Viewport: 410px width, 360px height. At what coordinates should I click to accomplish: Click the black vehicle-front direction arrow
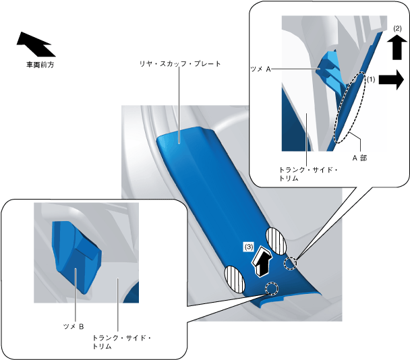coord(35,44)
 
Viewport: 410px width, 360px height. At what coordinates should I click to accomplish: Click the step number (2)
coord(397,29)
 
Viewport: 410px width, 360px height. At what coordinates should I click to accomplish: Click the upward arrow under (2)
coord(397,49)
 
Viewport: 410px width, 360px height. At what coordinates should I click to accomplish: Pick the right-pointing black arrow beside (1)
coord(390,81)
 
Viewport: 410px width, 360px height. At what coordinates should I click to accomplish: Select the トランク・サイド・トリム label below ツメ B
coord(121,341)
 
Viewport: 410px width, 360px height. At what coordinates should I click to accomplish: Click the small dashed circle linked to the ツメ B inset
coord(272,289)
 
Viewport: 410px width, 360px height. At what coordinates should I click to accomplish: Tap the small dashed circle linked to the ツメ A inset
coord(290,263)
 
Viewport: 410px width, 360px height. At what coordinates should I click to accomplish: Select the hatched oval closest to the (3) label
coord(278,240)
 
